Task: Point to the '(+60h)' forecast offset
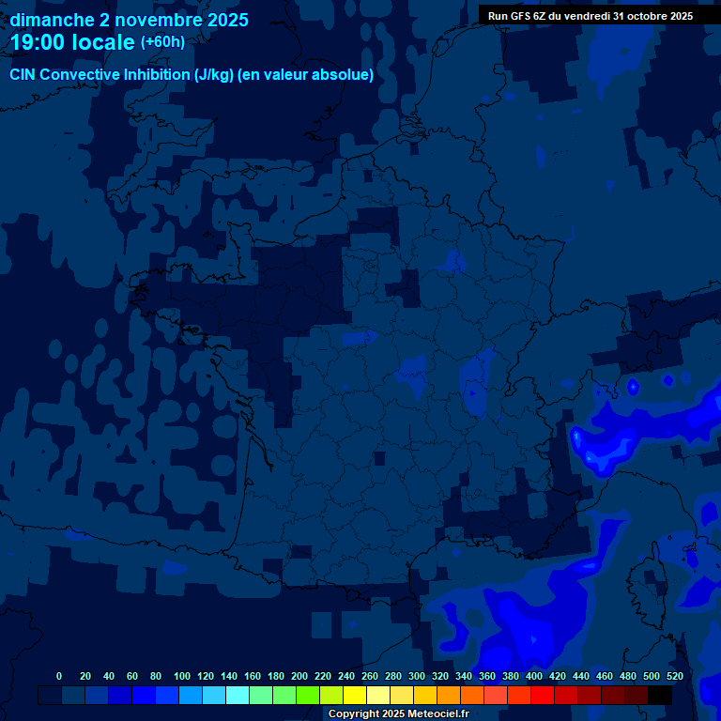coord(162,42)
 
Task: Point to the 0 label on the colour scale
coord(59,676)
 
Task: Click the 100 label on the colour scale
coord(182,676)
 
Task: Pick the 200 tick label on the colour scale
coord(299,676)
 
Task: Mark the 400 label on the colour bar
coord(534,676)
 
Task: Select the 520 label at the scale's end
coord(674,676)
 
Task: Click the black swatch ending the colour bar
coord(660,695)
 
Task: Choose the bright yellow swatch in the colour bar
coord(355,695)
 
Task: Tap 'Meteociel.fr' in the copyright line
coord(438,714)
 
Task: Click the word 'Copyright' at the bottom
coord(354,714)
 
